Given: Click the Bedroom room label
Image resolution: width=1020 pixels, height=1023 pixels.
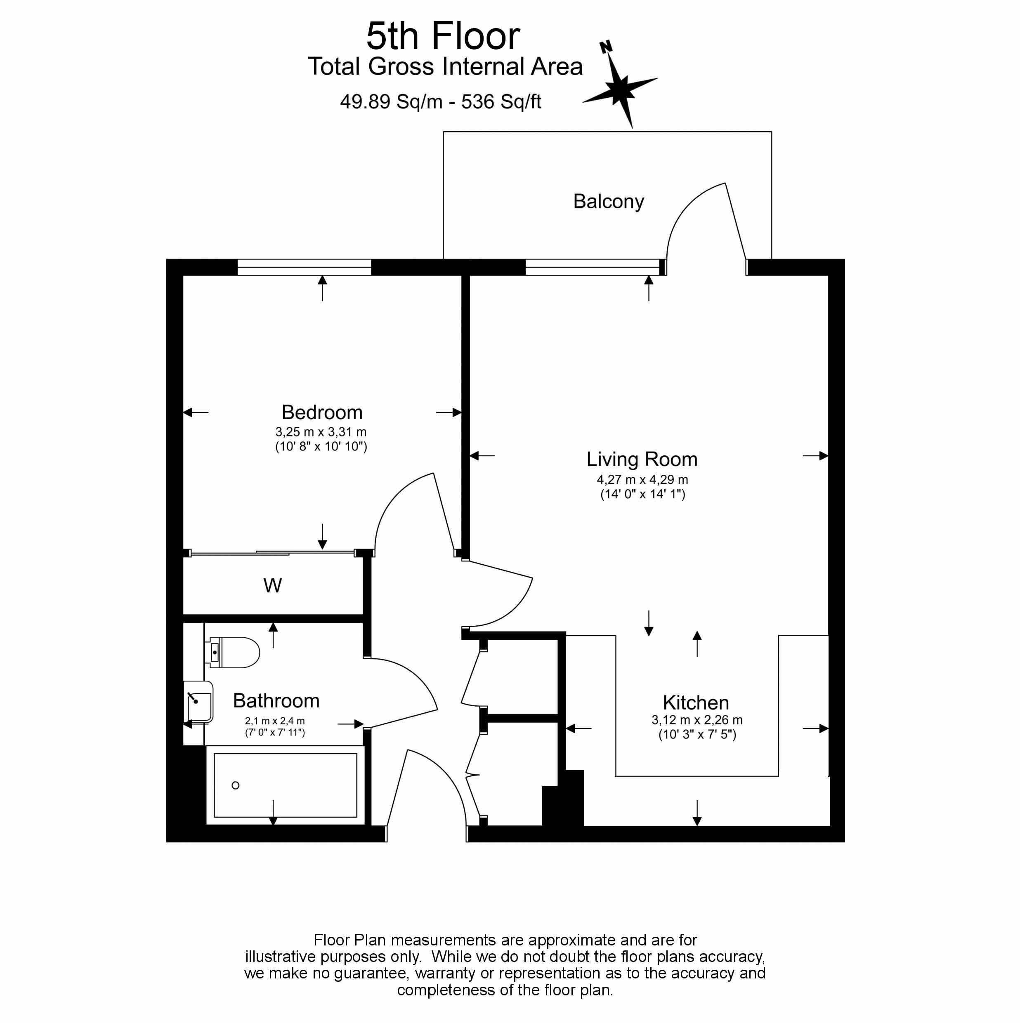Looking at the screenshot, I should [321, 412].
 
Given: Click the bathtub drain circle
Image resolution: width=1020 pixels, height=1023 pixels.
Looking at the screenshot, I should [236, 785].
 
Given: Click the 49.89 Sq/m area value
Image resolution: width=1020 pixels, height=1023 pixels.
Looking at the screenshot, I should [391, 101].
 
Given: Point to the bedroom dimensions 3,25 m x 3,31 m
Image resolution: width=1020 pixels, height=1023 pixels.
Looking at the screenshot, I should [321, 431].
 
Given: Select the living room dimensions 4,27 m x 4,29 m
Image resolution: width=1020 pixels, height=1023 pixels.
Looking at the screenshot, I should [642, 479].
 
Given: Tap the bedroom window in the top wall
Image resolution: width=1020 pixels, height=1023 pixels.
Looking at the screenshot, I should [304, 267].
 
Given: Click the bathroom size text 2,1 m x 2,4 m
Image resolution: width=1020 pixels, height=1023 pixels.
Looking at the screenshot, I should [274, 721].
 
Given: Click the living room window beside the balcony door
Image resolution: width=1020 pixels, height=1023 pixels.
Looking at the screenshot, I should [592, 267].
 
